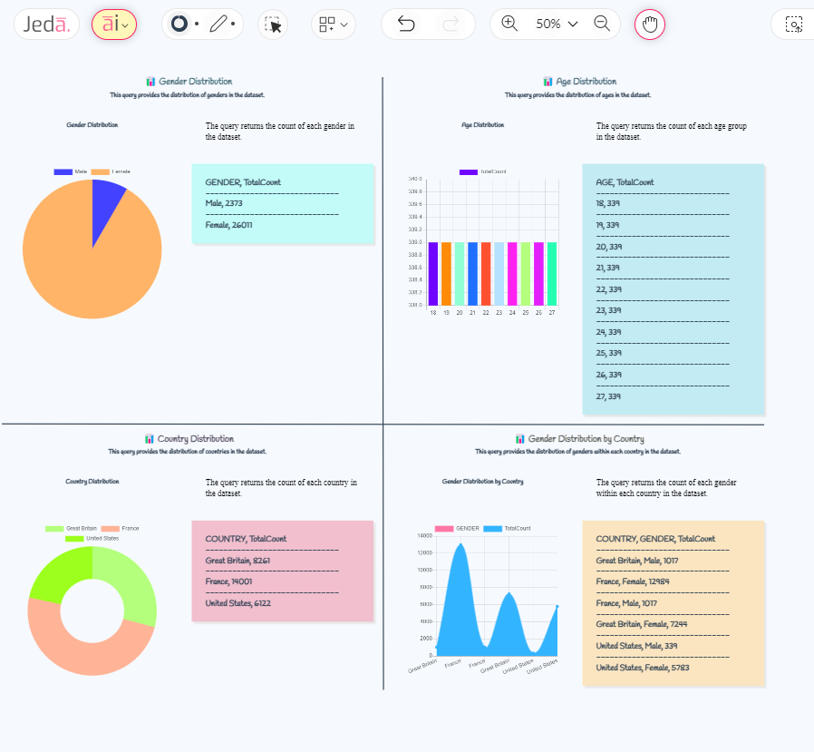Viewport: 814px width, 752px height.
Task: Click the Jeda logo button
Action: tap(46, 24)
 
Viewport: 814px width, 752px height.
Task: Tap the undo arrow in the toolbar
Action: tap(406, 24)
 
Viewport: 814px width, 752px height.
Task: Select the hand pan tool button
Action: tap(649, 24)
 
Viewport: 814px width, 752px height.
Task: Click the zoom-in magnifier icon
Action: tap(509, 24)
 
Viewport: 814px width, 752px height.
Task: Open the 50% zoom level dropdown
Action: tap(556, 24)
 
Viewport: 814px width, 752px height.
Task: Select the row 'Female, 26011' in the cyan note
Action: tap(228, 225)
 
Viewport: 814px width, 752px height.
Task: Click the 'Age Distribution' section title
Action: tap(585, 82)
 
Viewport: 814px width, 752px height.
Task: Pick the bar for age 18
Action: tap(433, 273)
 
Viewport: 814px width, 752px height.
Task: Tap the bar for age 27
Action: tap(551, 273)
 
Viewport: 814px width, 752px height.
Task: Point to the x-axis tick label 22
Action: tap(486, 312)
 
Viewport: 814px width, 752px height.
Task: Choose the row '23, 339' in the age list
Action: tap(608, 310)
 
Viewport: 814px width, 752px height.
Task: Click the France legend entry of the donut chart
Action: tap(120, 528)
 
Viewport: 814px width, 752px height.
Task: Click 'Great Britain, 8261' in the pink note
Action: tap(237, 561)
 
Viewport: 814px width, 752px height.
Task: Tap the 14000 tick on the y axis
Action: tap(424, 536)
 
